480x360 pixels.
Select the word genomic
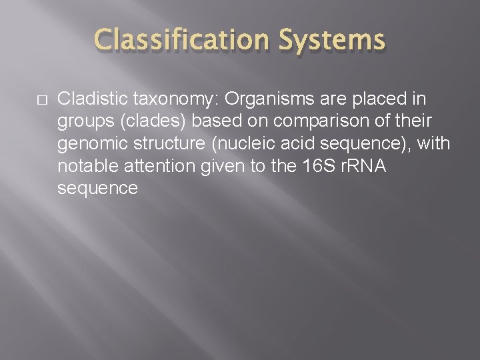click(87, 144)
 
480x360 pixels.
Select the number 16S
click(322, 166)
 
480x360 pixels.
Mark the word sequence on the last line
click(97, 189)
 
